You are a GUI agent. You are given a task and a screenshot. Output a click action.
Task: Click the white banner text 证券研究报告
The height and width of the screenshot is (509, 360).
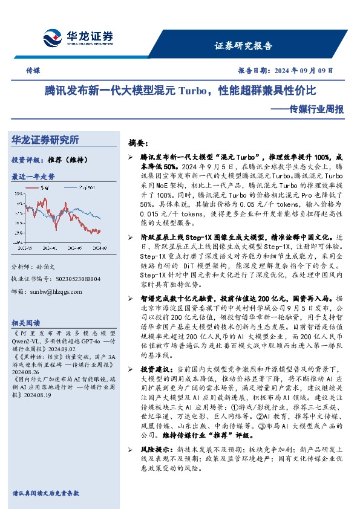(243, 46)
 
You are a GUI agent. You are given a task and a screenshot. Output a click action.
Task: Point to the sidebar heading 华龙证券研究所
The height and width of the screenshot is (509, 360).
(45, 140)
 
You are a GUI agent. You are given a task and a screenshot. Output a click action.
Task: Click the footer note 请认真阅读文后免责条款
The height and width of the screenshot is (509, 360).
(45, 493)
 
